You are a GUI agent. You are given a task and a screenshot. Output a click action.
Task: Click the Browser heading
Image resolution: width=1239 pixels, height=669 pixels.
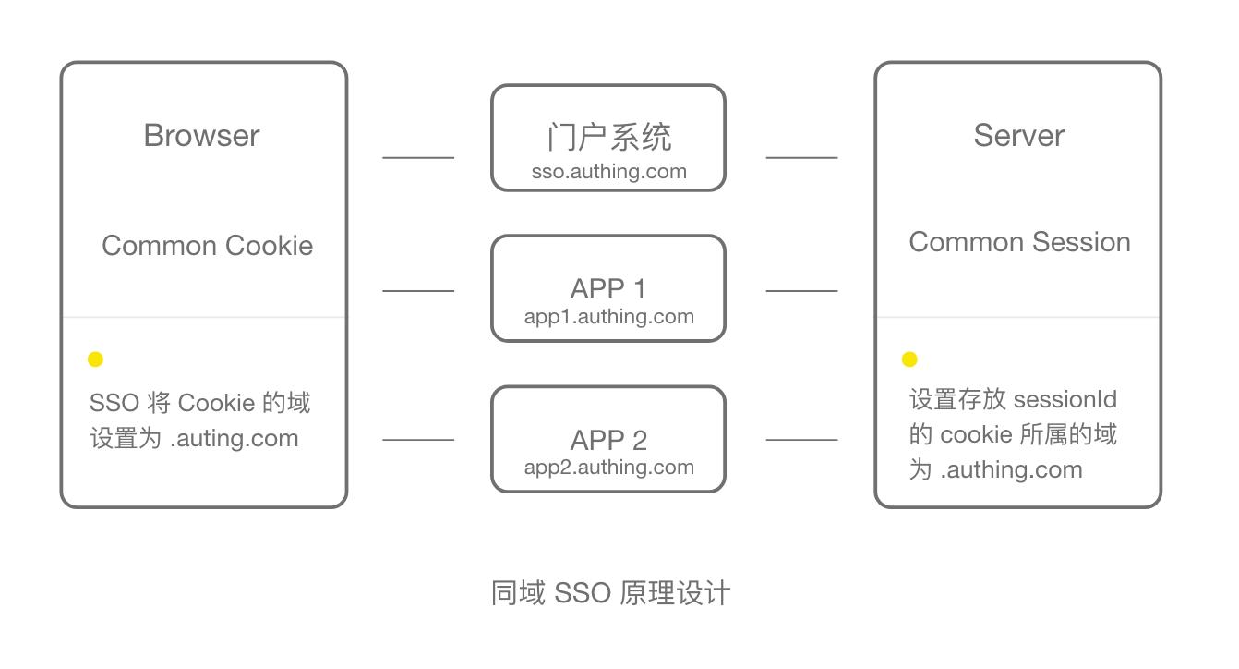[201, 136]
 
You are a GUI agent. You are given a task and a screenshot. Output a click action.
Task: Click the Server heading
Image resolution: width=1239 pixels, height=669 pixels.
[1018, 136]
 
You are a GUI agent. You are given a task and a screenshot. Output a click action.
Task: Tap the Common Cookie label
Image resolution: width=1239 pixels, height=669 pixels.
[207, 246]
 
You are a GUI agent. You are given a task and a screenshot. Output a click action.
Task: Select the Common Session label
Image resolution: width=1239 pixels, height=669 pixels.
[1019, 242]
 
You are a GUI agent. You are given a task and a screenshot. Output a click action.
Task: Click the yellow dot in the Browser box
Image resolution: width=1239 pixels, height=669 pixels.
[95, 359]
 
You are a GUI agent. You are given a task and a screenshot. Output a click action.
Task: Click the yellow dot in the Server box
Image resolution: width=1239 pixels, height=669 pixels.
[909, 359]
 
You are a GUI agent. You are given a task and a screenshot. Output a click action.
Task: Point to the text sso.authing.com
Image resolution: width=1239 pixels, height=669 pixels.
[608, 172]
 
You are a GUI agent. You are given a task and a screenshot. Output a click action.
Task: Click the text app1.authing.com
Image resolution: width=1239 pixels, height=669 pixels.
[608, 317]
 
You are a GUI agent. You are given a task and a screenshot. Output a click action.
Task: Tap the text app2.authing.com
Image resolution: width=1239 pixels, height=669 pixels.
[608, 468]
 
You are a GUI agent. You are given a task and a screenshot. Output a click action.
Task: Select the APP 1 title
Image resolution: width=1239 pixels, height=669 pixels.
[608, 288]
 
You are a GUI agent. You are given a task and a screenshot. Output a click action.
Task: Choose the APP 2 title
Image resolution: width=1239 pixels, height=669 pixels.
[608, 440]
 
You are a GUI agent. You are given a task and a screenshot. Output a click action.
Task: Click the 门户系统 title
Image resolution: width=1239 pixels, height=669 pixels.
[608, 138]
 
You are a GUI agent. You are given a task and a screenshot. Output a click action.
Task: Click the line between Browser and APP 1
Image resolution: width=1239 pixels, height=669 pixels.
[418, 291]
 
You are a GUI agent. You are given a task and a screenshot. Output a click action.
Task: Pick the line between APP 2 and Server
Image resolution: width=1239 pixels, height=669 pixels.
[801, 440]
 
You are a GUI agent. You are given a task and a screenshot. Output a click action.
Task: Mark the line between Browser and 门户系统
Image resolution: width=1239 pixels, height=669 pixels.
[418, 158]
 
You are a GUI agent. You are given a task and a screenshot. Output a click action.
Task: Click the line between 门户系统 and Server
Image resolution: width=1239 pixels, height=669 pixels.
[801, 158]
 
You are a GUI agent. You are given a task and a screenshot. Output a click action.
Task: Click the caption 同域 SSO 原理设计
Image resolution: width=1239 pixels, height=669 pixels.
[610, 593]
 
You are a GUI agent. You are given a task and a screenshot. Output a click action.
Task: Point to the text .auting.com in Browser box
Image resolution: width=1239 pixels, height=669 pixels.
[235, 438]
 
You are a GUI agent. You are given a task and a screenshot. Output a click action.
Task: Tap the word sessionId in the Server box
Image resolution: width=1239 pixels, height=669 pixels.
[1065, 400]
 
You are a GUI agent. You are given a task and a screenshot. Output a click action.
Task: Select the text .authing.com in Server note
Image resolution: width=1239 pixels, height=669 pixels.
[1011, 469]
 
